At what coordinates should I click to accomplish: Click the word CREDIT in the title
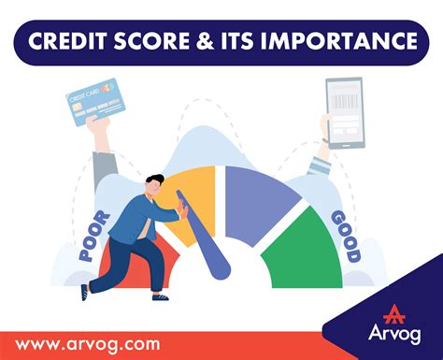tap(67, 41)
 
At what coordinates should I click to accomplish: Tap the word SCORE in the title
tap(151, 41)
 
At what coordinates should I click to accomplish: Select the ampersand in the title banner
tap(206, 41)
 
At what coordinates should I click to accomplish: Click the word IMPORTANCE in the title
tap(338, 41)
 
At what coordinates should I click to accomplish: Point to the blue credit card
tap(95, 102)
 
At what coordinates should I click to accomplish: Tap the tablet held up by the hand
tap(345, 112)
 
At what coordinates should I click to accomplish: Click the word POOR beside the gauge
tap(94, 237)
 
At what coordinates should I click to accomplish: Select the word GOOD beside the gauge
tap(346, 236)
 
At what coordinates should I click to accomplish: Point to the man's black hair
tap(155, 179)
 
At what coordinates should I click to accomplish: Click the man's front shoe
tap(161, 297)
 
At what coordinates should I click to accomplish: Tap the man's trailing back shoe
tap(84, 292)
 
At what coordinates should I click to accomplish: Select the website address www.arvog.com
tap(88, 345)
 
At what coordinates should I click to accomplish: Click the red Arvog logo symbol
tap(394, 314)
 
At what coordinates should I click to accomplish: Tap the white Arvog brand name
tap(394, 334)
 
